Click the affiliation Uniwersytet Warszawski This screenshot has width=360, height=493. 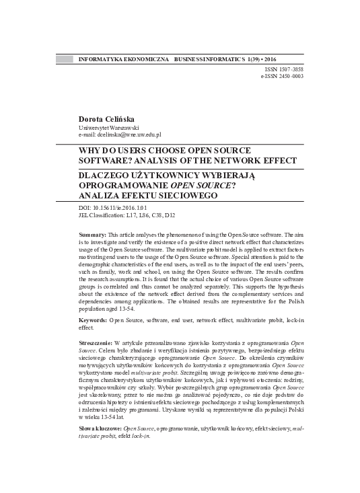click(x=109, y=127)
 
